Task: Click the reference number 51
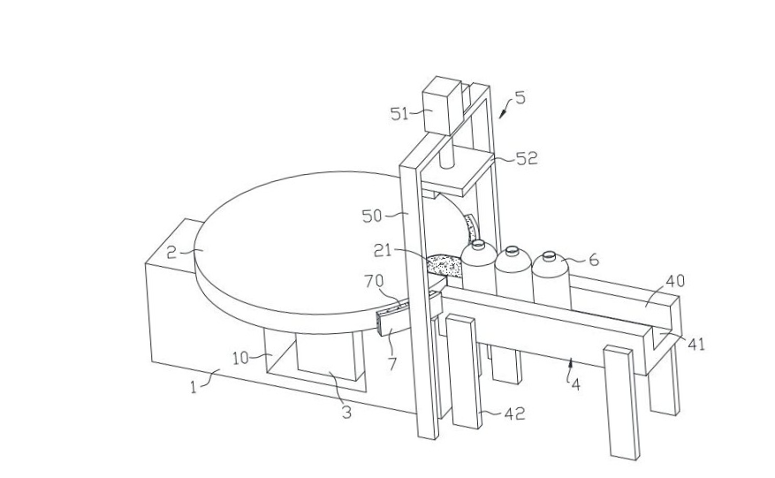pyautogui.click(x=399, y=114)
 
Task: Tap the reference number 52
pyautogui.click(x=527, y=158)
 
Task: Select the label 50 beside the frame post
pyautogui.click(x=372, y=216)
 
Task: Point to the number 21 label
pyautogui.click(x=382, y=251)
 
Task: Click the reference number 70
pyautogui.click(x=374, y=281)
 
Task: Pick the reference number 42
pyautogui.click(x=514, y=414)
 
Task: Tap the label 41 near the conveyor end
pyautogui.click(x=696, y=344)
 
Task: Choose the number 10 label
pyautogui.click(x=240, y=358)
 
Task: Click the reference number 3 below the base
pyautogui.click(x=347, y=412)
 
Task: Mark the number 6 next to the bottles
pyautogui.click(x=594, y=260)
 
